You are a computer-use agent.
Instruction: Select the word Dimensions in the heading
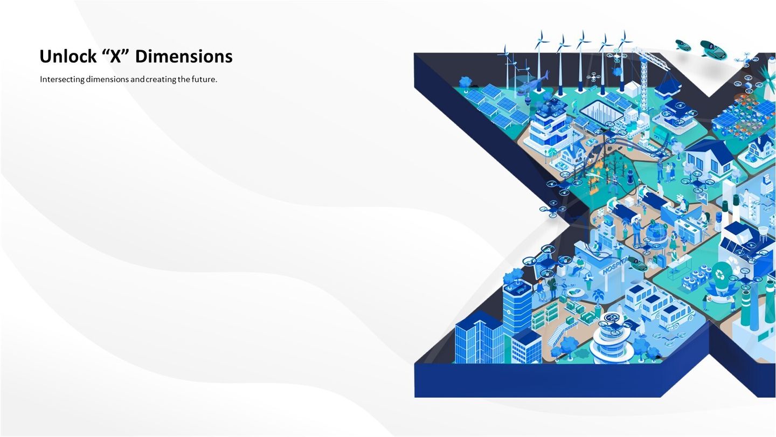click(184, 56)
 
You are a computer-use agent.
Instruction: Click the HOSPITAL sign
click(615, 266)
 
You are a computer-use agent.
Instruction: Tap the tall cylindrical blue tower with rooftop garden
click(516, 305)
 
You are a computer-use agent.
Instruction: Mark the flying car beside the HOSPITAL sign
click(638, 264)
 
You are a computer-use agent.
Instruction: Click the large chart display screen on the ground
click(601, 113)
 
